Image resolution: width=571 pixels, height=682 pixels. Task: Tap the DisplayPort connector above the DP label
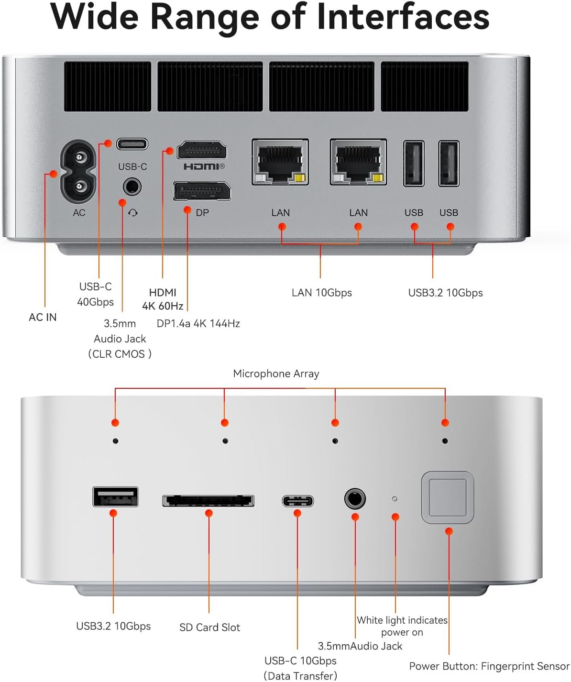click(202, 191)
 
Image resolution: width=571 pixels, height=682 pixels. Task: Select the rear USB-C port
click(132, 144)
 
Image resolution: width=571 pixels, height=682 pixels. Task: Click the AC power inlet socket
click(78, 171)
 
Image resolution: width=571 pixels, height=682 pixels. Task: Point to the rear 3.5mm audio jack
click(132, 187)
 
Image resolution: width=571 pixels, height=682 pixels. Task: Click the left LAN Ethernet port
click(280, 162)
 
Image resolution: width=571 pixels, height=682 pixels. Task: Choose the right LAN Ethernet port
click(358, 162)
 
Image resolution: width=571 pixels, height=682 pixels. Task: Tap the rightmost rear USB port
click(449, 163)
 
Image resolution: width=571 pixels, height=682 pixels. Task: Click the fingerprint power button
click(448, 498)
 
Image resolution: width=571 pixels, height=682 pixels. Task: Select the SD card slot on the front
click(209, 501)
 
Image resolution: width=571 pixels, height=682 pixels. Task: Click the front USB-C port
click(297, 501)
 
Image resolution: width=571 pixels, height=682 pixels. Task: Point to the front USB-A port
click(116, 497)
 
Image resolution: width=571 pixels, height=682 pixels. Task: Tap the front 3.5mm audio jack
click(355, 499)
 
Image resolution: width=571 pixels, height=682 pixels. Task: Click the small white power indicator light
click(395, 499)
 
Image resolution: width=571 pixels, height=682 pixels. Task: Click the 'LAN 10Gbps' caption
click(321, 293)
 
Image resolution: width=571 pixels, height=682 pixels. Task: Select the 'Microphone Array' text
click(276, 374)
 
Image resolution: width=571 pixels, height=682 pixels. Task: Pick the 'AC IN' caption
click(43, 317)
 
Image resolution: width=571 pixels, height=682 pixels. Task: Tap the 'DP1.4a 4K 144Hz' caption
click(198, 323)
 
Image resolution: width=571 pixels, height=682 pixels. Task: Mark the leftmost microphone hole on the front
click(115, 441)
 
